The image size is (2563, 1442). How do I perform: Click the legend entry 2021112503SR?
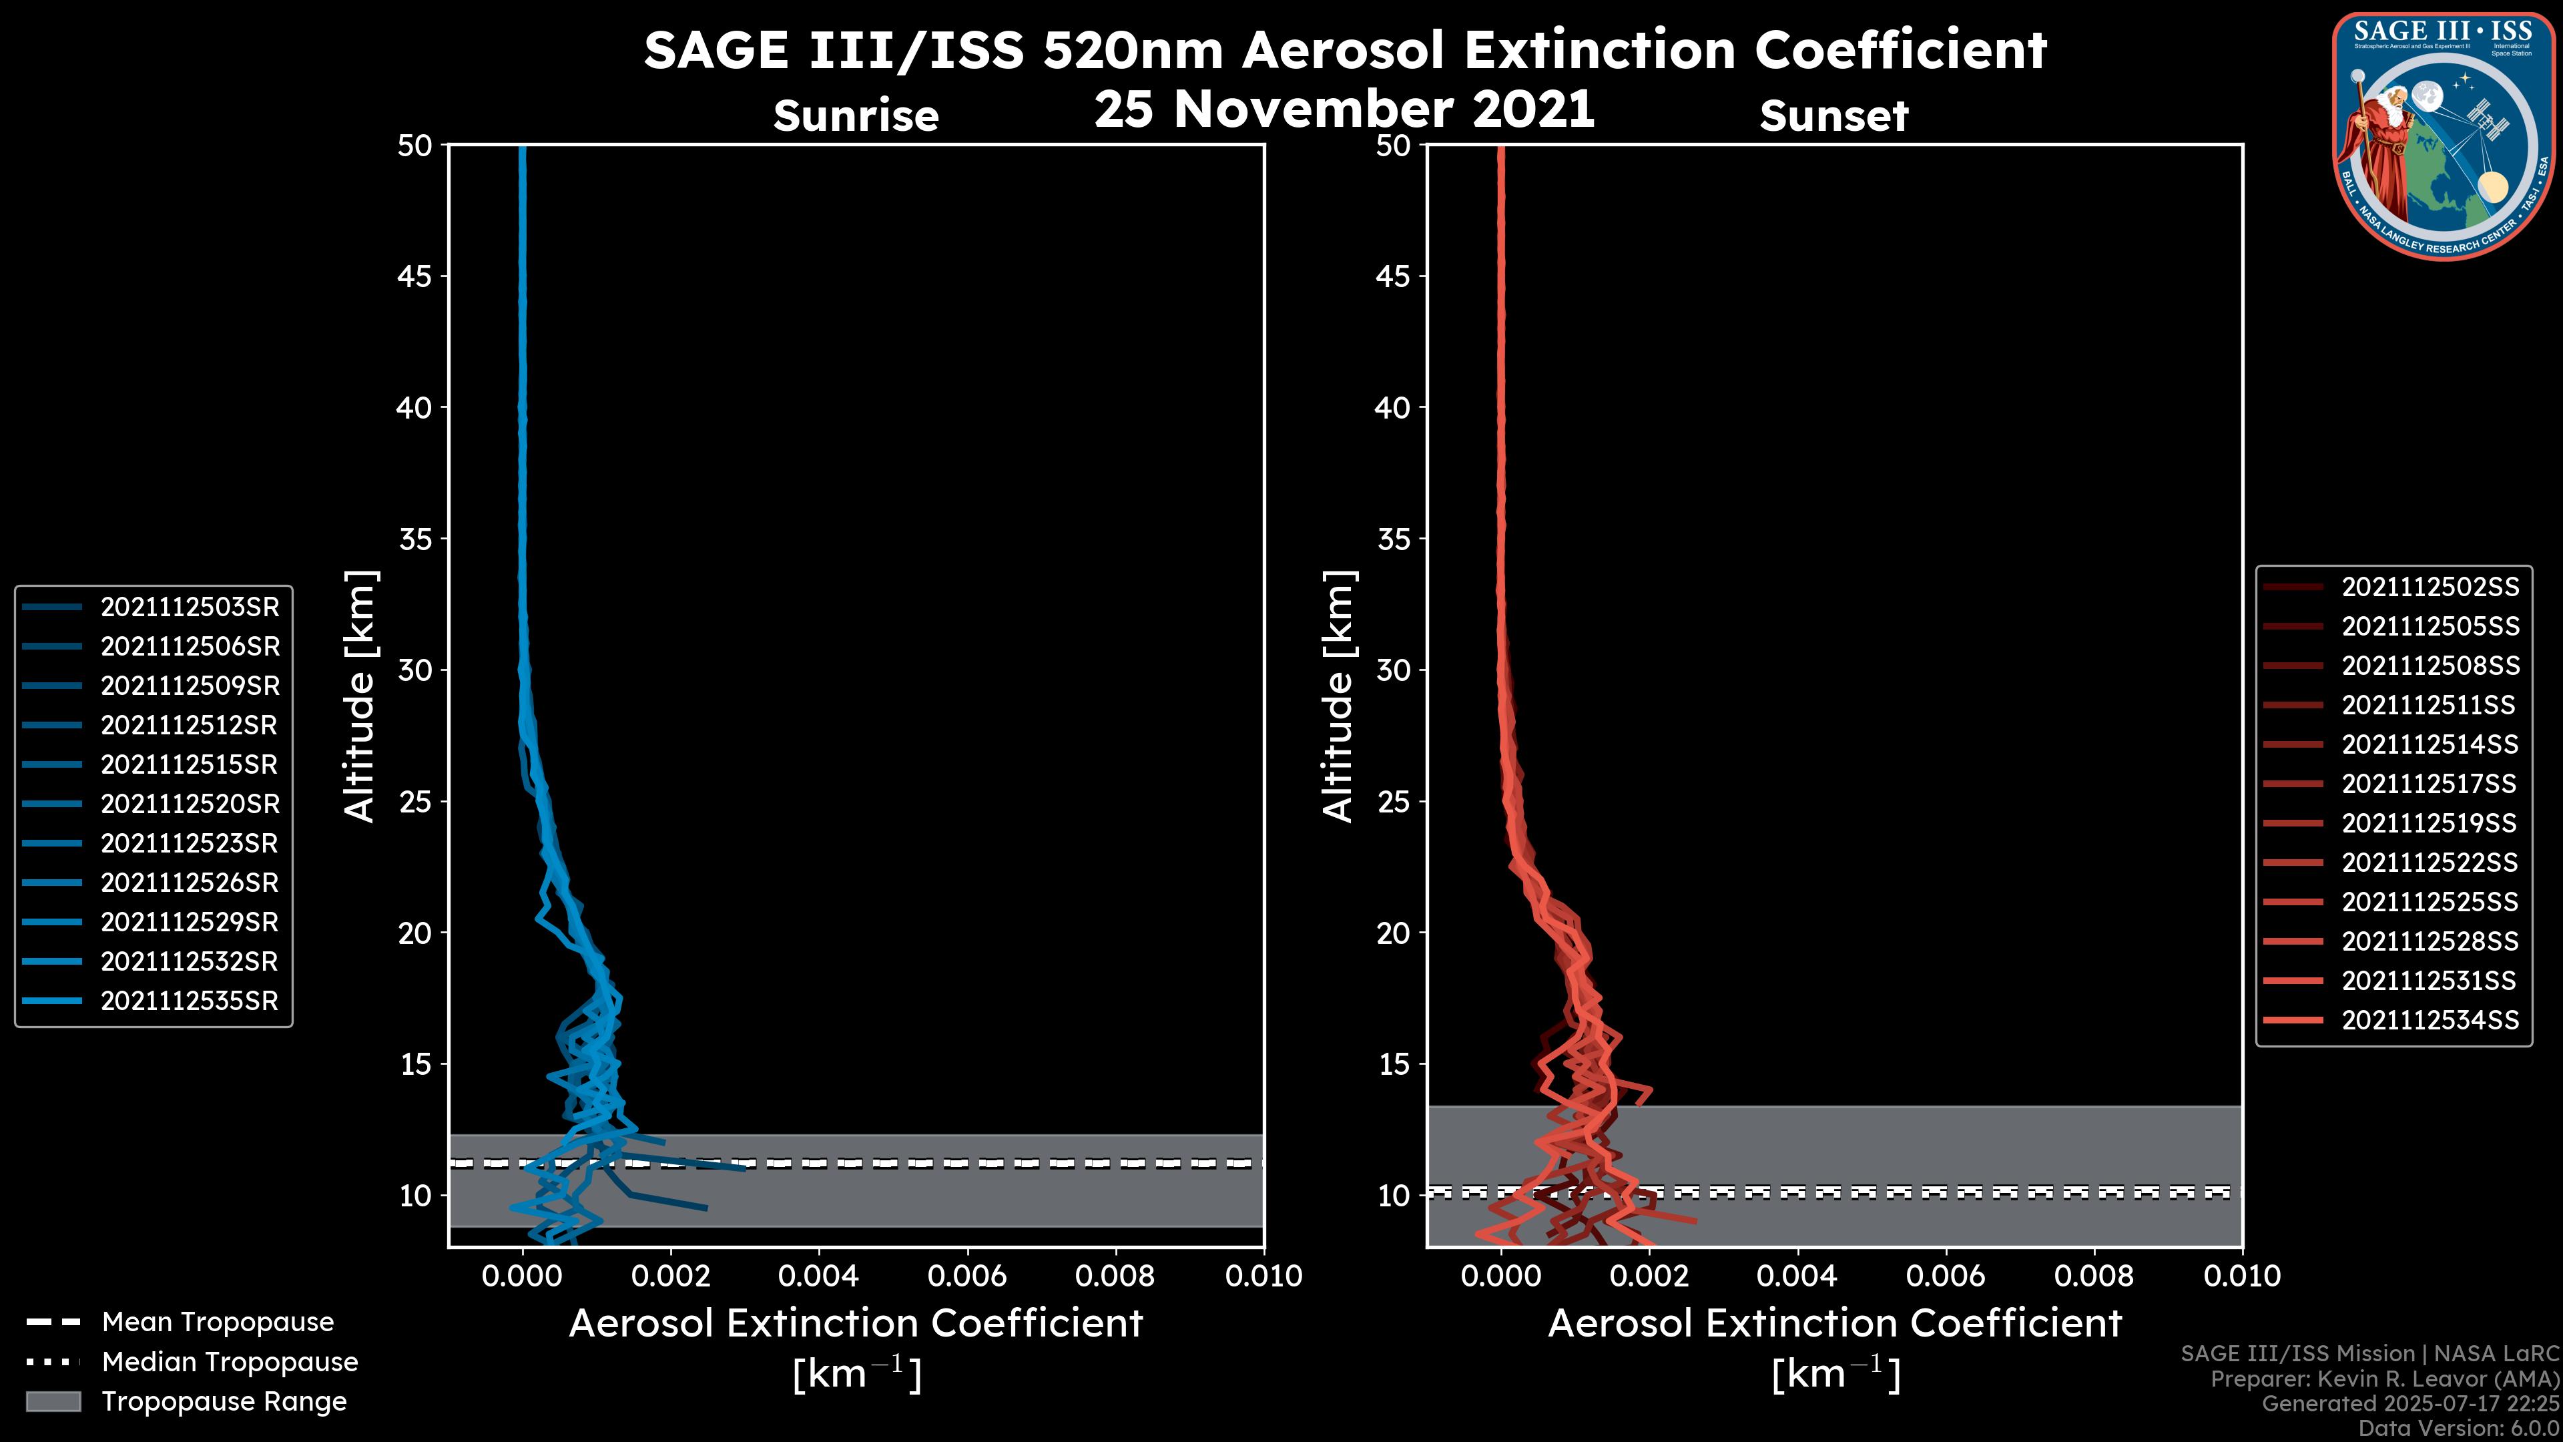pos(189,607)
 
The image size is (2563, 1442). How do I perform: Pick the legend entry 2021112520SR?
pos(189,804)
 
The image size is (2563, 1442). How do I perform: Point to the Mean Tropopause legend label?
pos(218,1323)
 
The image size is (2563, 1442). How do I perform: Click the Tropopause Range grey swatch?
pos(53,1402)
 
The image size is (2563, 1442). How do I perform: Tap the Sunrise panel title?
pos(856,116)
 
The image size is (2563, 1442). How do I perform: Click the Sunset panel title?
pos(1833,116)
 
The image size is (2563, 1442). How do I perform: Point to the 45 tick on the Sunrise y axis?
pos(415,276)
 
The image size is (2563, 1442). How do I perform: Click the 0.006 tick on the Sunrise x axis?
pos(967,1276)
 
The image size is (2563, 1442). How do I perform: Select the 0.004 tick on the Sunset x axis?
pos(1797,1276)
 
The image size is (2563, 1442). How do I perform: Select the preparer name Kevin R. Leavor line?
pos(2384,1379)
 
